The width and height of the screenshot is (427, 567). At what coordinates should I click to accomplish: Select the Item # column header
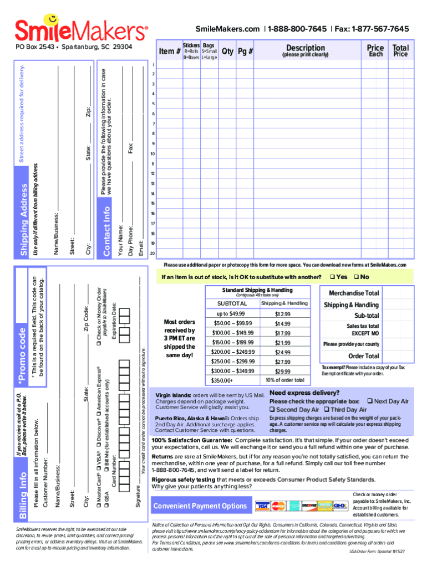[x=170, y=51]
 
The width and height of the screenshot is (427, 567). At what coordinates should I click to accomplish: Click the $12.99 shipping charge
[x=282, y=314]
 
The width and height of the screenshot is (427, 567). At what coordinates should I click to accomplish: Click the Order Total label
[x=363, y=356]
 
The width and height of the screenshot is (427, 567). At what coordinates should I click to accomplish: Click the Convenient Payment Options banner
[x=200, y=506]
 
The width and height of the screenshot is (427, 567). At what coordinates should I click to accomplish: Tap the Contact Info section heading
[x=107, y=231]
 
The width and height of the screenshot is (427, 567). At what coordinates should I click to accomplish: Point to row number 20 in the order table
[x=152, y=253]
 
